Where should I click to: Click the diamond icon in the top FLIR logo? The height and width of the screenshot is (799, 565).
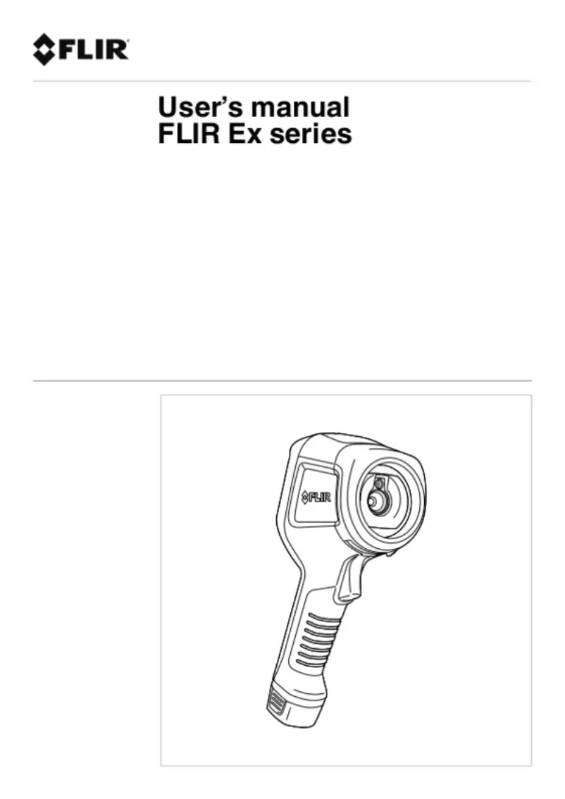tap(43, 49)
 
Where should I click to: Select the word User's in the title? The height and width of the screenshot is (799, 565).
tap(201, 108)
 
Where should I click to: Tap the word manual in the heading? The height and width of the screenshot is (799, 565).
tap(301, 108)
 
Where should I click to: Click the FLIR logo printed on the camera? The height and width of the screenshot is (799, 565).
tap(316, 496)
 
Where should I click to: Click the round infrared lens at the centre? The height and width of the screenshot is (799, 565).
tap(375, 502)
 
